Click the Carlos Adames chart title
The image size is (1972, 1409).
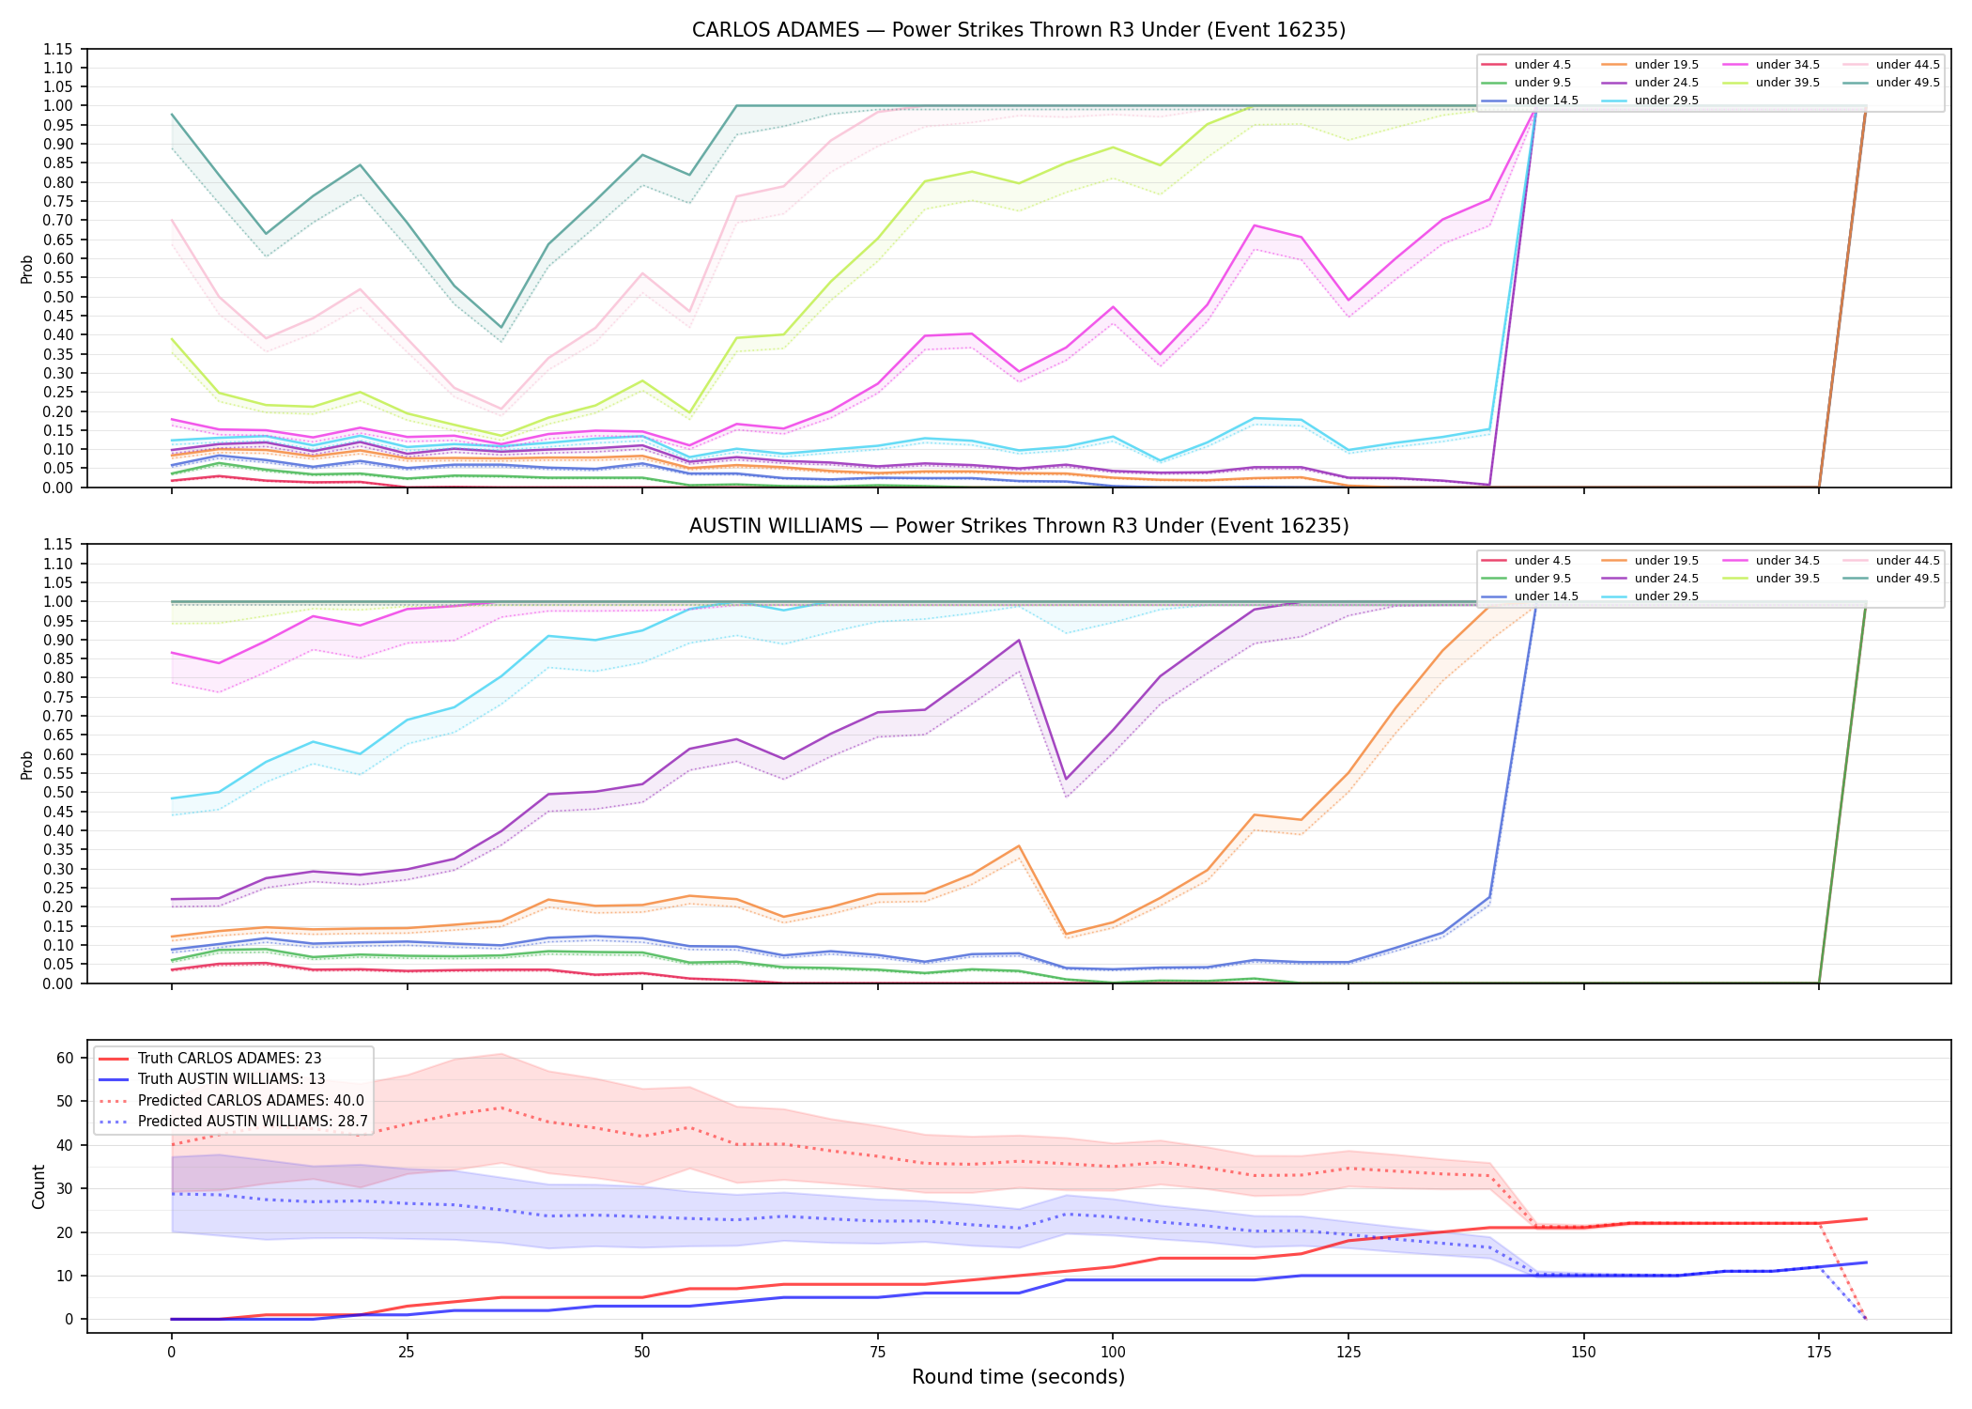(1019, 30)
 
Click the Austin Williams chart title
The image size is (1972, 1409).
(1019, 526)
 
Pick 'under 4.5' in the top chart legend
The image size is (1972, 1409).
(1543, 65)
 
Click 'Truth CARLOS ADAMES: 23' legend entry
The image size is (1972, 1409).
(229, 1059)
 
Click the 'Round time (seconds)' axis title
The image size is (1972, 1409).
(1018, 1377)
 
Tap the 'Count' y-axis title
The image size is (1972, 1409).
(39, 1186)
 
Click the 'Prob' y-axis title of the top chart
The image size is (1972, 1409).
(27, 270)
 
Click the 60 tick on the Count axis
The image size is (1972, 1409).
(65, 1058)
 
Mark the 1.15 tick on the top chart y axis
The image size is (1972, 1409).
(57, 49)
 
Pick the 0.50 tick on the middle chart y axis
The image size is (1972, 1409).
(57, 793)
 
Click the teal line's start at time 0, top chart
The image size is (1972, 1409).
(172, 115)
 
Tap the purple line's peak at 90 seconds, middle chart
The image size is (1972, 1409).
(1019, 641)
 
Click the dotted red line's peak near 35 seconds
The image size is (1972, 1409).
(501, 1107)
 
